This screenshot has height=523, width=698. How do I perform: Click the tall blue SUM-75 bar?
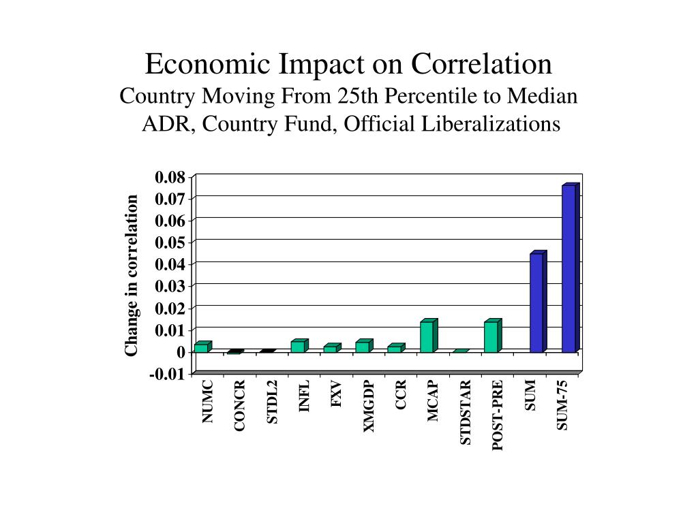pos(569,268)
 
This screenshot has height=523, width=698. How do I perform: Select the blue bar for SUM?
pos(536,302)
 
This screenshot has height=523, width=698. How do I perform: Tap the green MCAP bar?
pos(427,336)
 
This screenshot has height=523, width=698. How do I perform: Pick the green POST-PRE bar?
pos(491,336)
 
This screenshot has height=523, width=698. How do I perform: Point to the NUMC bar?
pos(201,347)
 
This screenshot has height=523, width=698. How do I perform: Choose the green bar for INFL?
pos(298,346)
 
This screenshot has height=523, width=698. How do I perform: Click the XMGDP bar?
pos(362,347)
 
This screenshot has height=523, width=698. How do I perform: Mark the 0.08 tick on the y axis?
pos(170,178)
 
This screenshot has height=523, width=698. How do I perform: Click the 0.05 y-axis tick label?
pos(170,242)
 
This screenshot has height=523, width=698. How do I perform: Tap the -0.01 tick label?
pos(168,374)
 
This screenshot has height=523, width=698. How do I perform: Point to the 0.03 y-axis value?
pos(170,287)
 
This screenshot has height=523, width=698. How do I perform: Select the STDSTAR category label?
pos(466,413)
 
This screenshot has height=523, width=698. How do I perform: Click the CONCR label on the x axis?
pos(239,406)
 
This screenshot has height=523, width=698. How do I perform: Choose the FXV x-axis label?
pos(336,394)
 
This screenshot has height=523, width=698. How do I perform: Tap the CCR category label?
pos(401,395)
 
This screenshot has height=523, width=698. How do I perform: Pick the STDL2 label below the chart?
pos(272,402)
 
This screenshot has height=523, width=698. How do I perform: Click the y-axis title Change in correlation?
pos(132,275)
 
